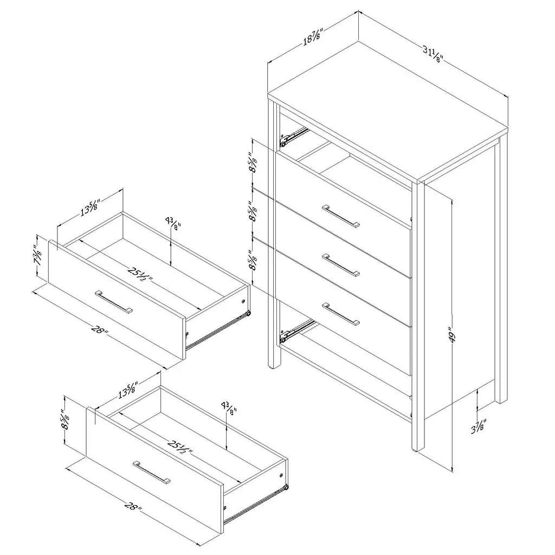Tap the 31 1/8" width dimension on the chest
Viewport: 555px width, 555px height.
point(433,54)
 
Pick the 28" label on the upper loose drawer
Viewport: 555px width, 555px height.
point(100,330)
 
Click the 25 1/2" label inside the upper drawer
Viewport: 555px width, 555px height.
point(140,273)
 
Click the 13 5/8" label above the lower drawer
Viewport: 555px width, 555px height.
point(128,389)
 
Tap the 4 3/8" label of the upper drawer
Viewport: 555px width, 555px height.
point(173,224)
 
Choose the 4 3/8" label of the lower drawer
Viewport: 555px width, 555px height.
point(228,408)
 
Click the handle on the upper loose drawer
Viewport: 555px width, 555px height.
point(114,302)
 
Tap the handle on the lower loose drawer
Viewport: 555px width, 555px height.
point(152,472)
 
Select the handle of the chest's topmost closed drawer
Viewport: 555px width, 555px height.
point(341,216)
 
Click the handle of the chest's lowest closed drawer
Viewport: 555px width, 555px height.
point(341,314)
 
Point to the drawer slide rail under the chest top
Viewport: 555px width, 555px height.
point(294,137)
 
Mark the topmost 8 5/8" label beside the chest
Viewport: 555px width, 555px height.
point(253,163)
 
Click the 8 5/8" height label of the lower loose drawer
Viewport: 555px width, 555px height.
point(65,420)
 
